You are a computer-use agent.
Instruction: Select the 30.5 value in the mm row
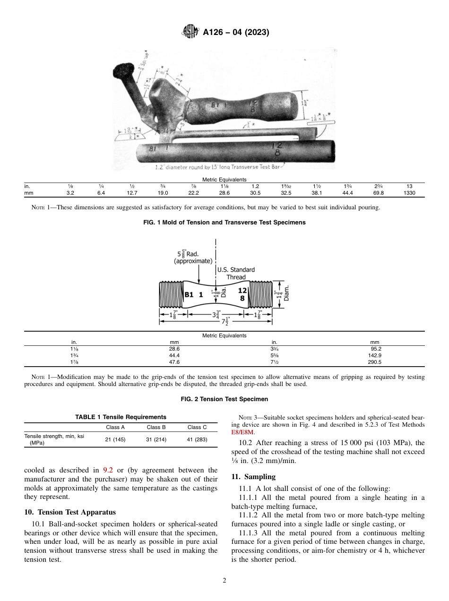(x=255, y=193)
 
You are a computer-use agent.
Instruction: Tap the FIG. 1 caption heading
(x=224, y=223)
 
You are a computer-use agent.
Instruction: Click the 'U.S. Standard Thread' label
(x=236, y=274)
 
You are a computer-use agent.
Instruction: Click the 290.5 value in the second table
(x=374, y=362)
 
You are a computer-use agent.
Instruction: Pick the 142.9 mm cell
(x=374, y=355)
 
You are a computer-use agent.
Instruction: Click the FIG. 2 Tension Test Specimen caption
(x=224, y=399)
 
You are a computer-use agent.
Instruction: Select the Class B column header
(x=156, y=427)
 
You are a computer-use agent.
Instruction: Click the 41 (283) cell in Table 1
(x=197, y=439)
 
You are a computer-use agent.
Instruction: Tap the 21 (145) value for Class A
(x=115, y=439)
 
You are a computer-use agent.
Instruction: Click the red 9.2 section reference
(x=107, y=470)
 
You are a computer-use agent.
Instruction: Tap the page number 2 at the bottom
(x=224, y=581)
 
